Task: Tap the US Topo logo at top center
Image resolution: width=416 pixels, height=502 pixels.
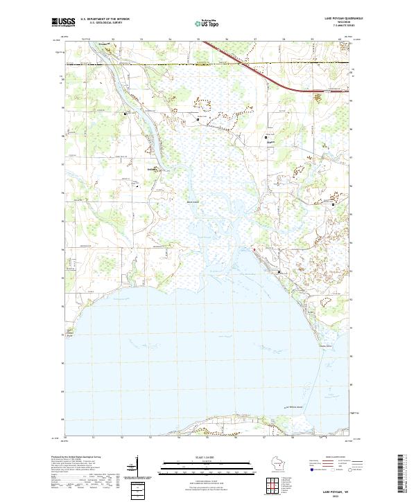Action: [208, 23]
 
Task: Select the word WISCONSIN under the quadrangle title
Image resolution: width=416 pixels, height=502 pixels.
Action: [338, 23]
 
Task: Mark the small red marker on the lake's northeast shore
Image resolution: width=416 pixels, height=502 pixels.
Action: [254, 249]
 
